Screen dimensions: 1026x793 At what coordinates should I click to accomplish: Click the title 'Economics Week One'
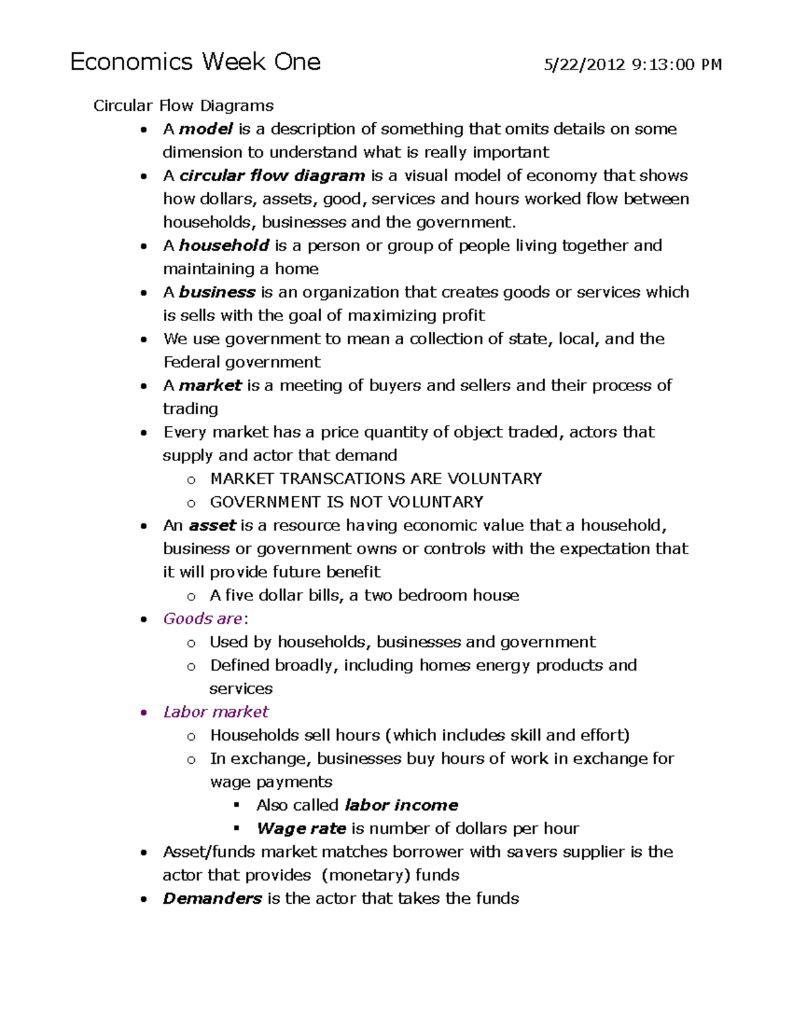(195, 62)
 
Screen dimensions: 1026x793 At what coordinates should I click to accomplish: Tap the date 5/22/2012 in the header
(584, 65)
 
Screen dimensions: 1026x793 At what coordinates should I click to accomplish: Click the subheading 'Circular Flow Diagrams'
(183, 106)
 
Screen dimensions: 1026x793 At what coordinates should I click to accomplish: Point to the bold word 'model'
(206, 129)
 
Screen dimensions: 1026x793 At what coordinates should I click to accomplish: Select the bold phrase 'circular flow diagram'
(272, 176)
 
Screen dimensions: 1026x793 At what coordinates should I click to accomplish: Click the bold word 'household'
(224, 246)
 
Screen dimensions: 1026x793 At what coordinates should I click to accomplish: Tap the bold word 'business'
(217, 292)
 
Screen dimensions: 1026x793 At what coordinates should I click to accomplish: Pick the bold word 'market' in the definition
(210, 385)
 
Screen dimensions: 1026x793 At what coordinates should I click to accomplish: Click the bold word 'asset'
(212, 525)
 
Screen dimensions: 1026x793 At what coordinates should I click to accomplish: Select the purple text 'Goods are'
(202, 618)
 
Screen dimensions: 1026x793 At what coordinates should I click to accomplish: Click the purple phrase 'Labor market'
(215, 712)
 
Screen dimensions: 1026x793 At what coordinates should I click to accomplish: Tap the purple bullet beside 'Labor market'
(143, 712)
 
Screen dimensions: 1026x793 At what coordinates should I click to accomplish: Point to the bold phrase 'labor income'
(401, 805)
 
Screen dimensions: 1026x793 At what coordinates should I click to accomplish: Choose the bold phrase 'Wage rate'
(301, 828)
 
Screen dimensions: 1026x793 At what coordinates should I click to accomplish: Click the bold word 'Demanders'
(212, 898)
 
